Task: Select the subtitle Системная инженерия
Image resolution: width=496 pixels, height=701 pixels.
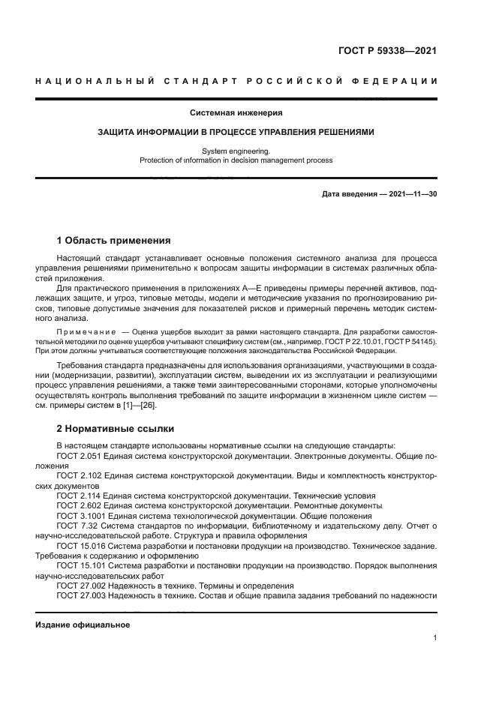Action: (236, 113)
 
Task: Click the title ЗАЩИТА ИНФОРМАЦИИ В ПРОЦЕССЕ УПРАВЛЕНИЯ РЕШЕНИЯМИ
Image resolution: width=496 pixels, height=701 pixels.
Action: (236, 132)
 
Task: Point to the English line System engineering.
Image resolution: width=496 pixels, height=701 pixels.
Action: (236, 151)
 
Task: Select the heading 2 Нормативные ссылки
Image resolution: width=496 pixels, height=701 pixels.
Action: (116, 429)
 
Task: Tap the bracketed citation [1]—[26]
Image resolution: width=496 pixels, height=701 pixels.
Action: (140, 406)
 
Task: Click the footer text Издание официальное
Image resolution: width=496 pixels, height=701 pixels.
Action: (83, 625)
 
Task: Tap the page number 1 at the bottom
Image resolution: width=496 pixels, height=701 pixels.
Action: (435, 638)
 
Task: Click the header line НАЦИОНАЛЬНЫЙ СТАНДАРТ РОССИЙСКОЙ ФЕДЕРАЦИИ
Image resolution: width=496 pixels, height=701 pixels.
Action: (236, 81)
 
